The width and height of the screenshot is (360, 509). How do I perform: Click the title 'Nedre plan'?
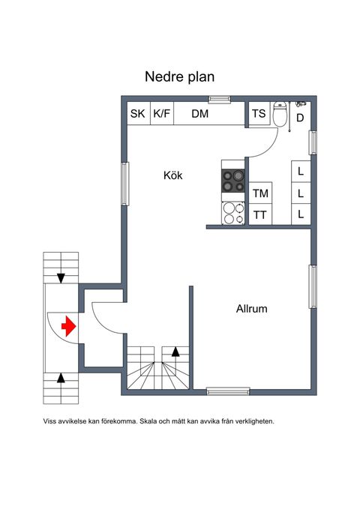point(180,77)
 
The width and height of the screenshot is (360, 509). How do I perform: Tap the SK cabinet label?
point(138,114)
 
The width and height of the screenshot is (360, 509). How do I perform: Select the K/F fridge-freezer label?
point(162,114)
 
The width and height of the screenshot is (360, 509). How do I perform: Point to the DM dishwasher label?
point(199,114)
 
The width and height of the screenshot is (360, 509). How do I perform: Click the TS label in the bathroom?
point(259,113)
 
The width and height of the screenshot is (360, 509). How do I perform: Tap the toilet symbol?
point(280,114)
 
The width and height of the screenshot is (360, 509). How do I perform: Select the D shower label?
point(300,118)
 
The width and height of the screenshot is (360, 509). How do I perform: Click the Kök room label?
point(172,175)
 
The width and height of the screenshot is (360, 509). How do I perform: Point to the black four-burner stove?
point(233,181)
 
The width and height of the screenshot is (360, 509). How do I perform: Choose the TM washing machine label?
point(260,193)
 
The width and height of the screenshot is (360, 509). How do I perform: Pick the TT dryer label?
point(260,215)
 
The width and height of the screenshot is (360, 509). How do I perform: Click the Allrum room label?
point(252,308)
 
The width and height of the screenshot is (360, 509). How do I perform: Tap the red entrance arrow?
point(68,326)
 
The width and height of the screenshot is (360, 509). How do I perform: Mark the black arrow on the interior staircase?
point(175,352)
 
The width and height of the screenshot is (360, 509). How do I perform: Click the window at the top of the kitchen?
point(220,99)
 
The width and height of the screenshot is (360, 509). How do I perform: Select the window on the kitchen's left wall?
point(125,184)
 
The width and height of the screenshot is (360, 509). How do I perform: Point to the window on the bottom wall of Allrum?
point(228,391)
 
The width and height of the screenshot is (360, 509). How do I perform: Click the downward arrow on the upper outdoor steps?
point(61,278)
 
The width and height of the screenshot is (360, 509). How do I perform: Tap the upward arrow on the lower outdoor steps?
point(61,378)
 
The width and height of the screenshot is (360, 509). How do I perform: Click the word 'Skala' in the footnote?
point(147,421)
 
